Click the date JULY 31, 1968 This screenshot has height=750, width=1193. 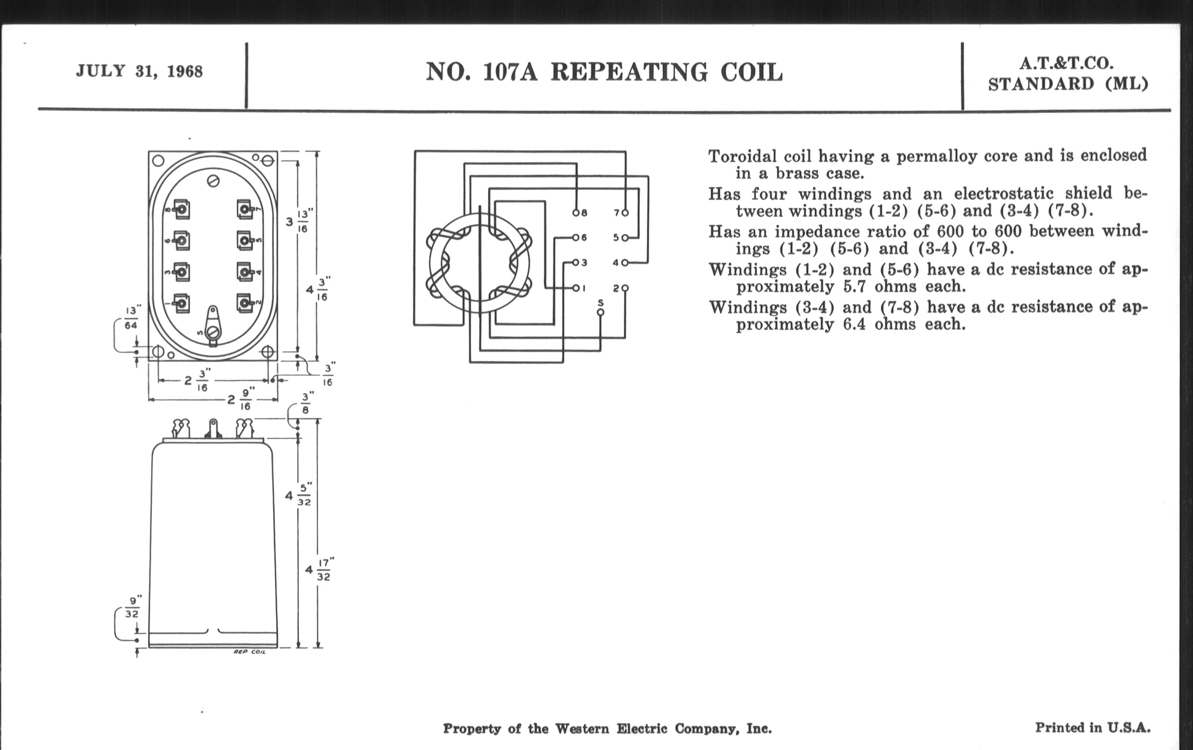pos(139,71)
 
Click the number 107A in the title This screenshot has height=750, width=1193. pos(510,72)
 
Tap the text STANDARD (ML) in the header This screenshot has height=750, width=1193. pos(1068,84)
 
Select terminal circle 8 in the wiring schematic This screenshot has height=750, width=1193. pos(576,213)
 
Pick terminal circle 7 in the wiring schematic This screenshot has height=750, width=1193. pos(625,213)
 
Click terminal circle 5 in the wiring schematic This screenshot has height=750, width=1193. pos(625,238)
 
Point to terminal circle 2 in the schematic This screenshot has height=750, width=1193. pos(625,288)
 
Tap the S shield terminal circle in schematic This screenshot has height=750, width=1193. pos(600,312)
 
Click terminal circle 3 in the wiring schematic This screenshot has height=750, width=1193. pos(576,262)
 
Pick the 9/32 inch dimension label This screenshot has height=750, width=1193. pos(132,606)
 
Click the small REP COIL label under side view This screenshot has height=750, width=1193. pos(249,652)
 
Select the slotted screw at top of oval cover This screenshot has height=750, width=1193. pos(213,181)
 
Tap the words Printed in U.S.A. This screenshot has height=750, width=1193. pos(1092,727)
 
